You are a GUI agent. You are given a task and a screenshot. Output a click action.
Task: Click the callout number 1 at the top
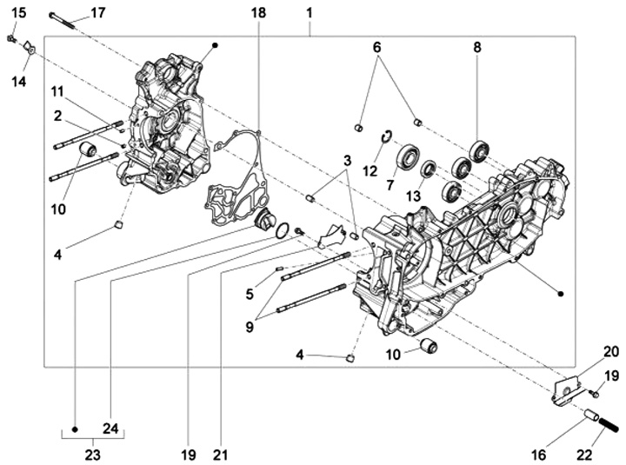310,13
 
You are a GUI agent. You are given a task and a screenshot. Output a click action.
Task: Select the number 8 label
476,49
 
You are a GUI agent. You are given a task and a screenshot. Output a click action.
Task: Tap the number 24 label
111,428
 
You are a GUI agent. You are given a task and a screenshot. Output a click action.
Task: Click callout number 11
57,91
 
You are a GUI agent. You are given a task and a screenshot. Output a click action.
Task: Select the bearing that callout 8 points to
478,149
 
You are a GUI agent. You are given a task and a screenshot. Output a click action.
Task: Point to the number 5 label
250,294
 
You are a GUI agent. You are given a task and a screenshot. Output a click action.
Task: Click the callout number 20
610,351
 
